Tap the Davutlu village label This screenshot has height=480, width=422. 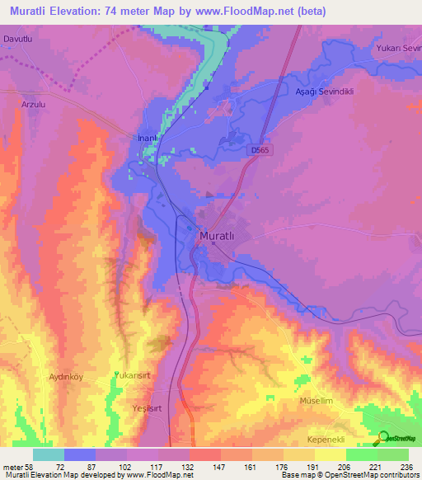21,39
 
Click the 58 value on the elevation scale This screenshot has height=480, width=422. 21,466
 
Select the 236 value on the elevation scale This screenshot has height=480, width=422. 402,466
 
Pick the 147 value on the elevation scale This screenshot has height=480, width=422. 205,466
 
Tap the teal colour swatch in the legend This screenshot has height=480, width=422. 49,454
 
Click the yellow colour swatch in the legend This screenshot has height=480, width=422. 331,454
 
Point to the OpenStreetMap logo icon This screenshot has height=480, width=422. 383,438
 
